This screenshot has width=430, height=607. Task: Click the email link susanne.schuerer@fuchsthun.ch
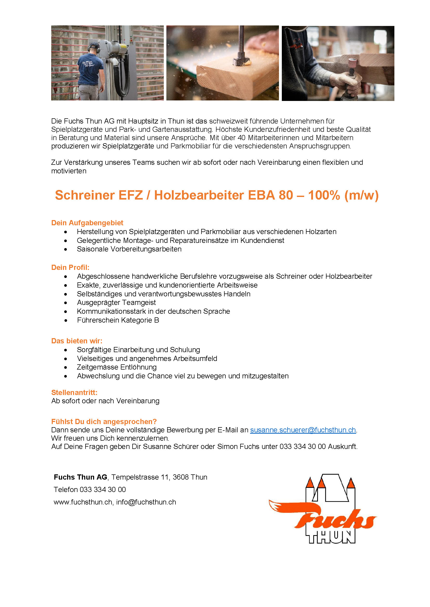(303, 430)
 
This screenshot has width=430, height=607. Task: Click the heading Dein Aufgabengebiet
(87, 223)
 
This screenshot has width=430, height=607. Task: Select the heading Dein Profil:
(70, 268)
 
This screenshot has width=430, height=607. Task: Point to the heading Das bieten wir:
(76, 341)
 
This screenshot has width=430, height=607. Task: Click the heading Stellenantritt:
(74, 393)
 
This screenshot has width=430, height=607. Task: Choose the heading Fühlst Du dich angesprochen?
(104, 422)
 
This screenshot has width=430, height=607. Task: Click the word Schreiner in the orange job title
(84, 195)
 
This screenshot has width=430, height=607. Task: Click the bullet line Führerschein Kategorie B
(118, 320)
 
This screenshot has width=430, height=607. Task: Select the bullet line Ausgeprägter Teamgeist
(116, 303)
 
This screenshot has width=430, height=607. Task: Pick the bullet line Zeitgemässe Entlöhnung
(116, 367)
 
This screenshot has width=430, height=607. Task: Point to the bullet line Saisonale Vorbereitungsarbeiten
(129, 249)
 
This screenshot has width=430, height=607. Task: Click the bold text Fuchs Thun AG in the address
(80, 477)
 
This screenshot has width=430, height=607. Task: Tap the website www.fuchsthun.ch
(83, 502)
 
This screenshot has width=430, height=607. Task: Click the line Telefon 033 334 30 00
(89, 490)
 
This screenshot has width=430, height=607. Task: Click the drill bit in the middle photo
(241, 45)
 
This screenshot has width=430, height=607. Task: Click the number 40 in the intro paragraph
(241, 138)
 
